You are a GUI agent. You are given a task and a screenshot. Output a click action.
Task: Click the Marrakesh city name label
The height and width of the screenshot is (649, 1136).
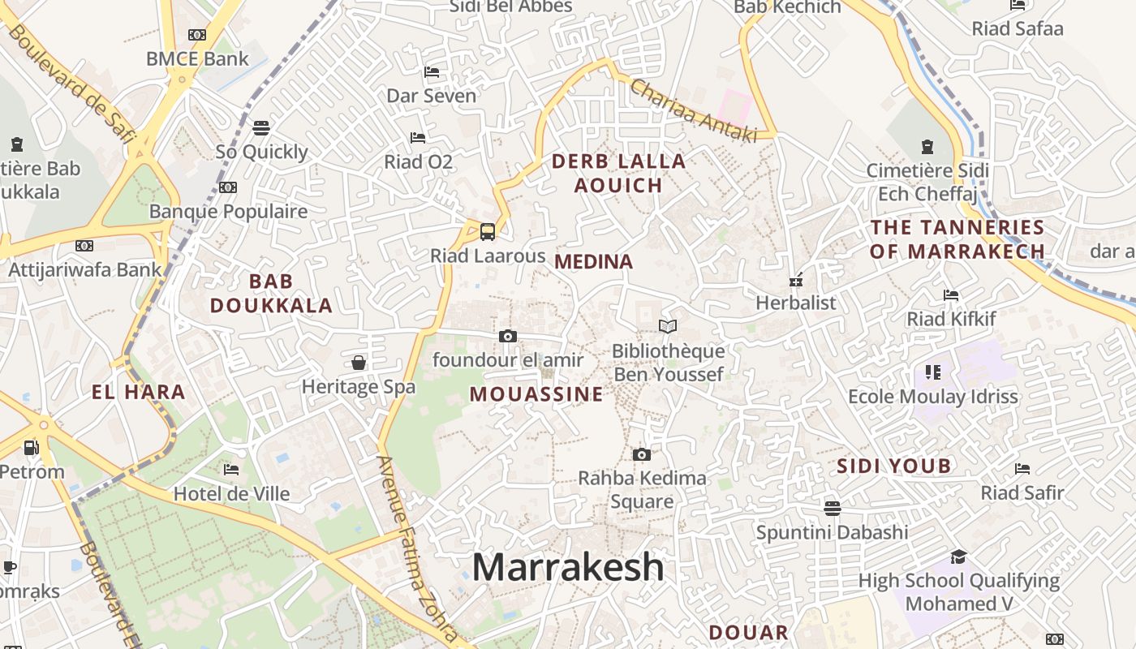point(568,567)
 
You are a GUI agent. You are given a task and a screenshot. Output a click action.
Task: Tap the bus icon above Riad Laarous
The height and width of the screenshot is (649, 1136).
point(487,232)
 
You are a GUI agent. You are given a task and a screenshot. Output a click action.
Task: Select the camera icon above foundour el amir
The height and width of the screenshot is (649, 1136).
point(508,336)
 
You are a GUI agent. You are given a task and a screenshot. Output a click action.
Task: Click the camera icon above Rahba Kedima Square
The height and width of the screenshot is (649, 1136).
point(642,454)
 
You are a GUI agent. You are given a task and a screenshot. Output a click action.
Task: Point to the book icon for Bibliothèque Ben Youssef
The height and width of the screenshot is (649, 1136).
point(668,326)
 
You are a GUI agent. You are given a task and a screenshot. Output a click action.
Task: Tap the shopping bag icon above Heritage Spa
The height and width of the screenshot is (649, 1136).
point(359,363)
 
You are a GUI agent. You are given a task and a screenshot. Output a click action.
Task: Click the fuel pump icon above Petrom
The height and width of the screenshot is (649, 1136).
point(32,447)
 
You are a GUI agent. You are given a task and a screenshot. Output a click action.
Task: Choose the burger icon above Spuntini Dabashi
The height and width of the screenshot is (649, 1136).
point(832,509)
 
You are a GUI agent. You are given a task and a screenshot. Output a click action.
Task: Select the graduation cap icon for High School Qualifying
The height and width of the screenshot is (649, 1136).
point(958,557)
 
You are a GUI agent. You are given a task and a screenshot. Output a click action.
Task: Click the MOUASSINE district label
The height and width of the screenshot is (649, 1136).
point(536,394)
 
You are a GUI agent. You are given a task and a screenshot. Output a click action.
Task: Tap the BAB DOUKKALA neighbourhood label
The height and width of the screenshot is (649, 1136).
point(271,294)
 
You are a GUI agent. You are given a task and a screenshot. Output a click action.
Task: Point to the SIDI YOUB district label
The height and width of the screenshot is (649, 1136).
point(893,466)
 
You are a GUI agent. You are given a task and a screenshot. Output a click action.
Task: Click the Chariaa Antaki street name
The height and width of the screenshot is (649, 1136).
point(692,111)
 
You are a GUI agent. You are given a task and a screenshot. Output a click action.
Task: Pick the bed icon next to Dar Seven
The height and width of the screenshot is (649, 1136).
point(432,72)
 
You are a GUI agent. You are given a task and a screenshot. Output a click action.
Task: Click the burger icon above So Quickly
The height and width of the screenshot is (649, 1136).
point(260,127)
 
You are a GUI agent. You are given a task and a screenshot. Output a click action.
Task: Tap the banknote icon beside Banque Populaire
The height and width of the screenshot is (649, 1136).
point(228,187)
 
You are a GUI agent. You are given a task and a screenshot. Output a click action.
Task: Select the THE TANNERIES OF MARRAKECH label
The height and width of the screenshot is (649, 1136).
point(957,239)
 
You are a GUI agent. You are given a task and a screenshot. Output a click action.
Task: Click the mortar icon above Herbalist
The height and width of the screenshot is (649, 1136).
point(795,280)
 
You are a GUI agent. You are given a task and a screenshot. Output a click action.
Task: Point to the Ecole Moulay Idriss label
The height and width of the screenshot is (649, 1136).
point(932,397)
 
